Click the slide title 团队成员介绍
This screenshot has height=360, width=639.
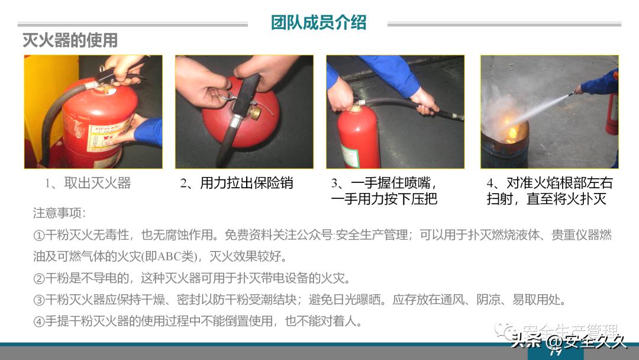[318, 22]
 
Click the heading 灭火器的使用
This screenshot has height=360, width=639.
[70, 40]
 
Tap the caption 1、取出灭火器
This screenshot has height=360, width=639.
[88, 184]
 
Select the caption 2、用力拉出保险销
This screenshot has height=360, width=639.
[237, 184]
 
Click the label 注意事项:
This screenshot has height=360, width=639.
[59, 213]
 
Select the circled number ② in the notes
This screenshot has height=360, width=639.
[39, 278]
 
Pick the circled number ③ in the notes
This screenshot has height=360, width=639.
[39, 300]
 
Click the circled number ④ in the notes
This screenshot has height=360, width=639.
[39, 322]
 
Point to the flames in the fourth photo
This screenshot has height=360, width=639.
[510, 128]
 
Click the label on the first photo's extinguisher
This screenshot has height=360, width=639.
[109, 136]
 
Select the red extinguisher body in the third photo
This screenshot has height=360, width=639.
[359, 139]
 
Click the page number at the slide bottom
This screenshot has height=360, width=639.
[555, 353]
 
